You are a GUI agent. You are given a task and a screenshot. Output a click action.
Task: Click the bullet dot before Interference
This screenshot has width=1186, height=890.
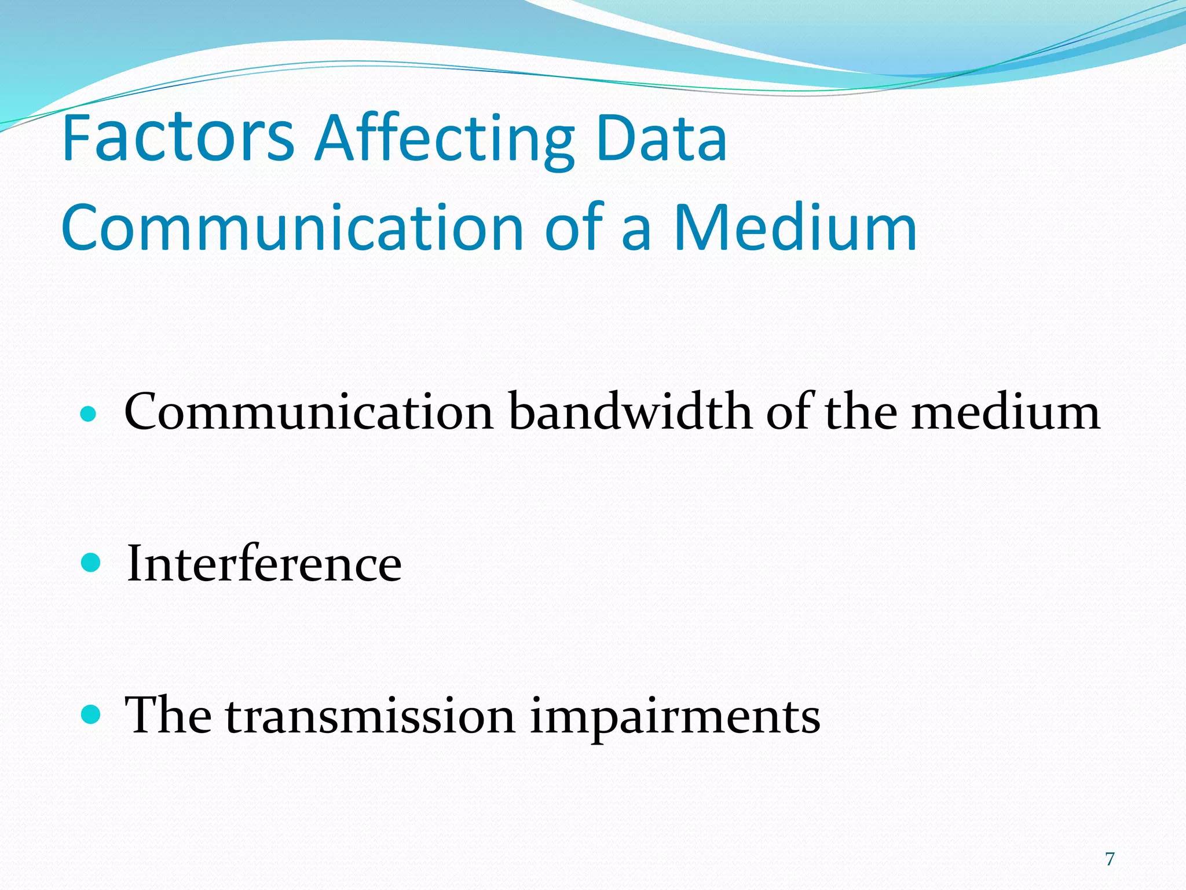91,563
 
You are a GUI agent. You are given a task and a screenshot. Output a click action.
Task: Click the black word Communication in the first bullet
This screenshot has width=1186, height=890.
309,411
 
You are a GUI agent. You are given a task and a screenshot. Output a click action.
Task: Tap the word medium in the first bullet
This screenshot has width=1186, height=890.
1005,411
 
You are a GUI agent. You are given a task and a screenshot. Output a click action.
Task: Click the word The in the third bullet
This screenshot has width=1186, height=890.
168,716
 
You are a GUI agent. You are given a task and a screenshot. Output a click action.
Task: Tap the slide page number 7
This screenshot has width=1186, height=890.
1110,858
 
